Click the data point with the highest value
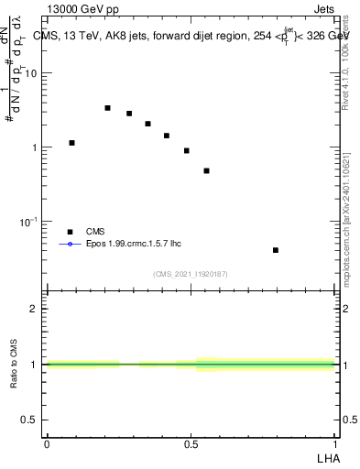[x=107, y=108]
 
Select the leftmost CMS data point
[x=71, y=143]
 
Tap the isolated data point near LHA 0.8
[x=276, y=250]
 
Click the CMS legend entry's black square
[x=69, y=232]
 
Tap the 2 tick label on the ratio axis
[x=36, y=309]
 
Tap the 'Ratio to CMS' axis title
[x=14, y=364]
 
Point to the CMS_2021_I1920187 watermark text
[x=191, y=273]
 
